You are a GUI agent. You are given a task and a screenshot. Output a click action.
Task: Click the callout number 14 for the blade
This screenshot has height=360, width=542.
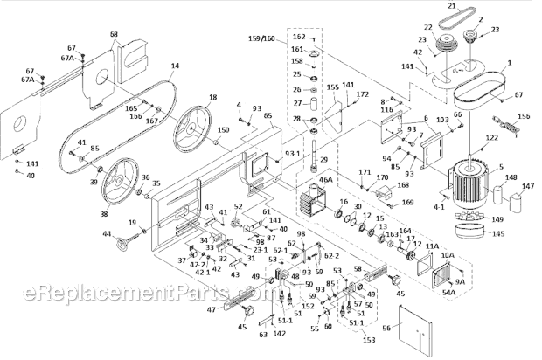pos(175,66)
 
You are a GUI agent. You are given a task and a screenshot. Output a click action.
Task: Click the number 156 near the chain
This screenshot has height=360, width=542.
pos(524,117)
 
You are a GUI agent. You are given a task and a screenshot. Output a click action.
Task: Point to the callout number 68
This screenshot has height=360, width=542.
pos(114,34)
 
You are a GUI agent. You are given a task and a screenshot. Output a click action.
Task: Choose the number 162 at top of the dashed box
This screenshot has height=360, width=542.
pos(297,37)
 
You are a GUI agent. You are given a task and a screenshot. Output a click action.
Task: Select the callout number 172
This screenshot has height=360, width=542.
pos(362,93)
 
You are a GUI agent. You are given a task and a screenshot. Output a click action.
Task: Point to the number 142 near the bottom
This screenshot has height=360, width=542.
pos(279,333)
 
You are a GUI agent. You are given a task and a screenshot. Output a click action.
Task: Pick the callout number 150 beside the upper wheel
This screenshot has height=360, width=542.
pos(223,129)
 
